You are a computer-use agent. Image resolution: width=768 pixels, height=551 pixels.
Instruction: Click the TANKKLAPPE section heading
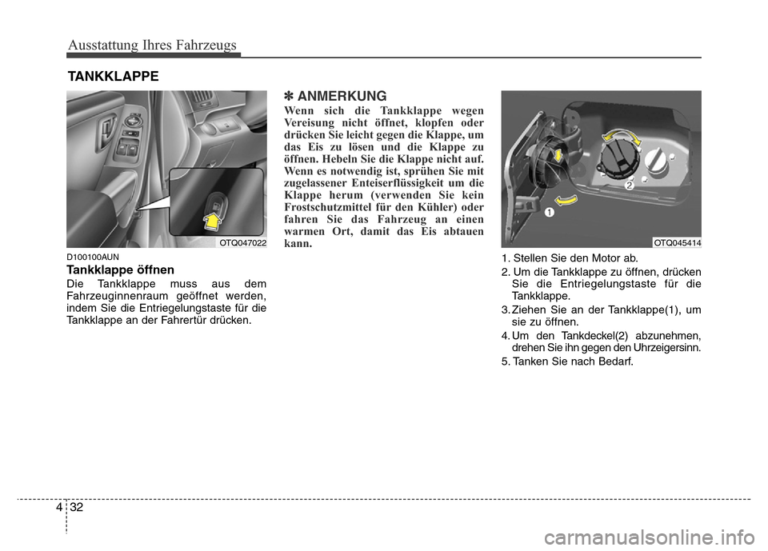pyautogui.click(x=113, y=76)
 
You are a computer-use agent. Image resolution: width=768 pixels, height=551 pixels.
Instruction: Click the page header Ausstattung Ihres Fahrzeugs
pyautogui.click(x=153, y=45)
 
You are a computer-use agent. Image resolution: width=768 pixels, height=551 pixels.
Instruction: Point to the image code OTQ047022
pyautogui.click(x=242, y=242)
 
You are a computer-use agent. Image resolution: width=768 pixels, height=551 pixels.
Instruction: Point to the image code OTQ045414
pyautogui.click(x=677, y=242)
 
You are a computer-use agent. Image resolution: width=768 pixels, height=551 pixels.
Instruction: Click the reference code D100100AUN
pyautogui.click(x=93, y=257)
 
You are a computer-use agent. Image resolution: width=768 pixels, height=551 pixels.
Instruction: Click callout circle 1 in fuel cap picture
pyautogui.click(x=550, y=213)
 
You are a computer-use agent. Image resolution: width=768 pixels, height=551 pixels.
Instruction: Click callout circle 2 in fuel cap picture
pyautogui.click(x=630, y=186)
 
